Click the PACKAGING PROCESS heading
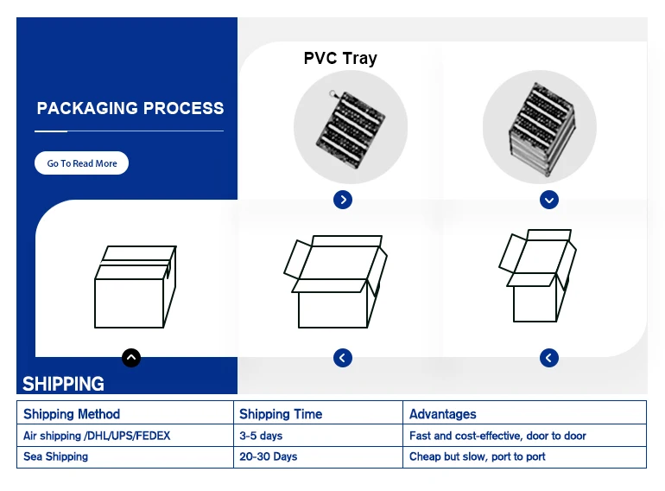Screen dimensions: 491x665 (x=130, y=109)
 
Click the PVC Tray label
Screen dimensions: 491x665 (x=340, y=59)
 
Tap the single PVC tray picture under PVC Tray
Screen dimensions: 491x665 (x=350, y=127)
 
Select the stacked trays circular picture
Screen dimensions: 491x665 (x=539, y=127)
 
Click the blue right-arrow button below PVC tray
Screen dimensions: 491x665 (x=343, y=200)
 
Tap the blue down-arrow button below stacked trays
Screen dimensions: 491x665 (x=549, y=200)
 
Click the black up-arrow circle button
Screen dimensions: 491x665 (x=130, y=357)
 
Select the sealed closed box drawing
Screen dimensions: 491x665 (x=135, y=287)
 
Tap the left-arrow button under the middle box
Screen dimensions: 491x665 (x=343, y=357)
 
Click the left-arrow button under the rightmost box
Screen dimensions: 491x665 (x=549, y=357)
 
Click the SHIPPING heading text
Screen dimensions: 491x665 (x=63, y=384)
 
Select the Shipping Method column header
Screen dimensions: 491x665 (x=72, y=414)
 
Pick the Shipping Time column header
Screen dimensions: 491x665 (x=281, y=414)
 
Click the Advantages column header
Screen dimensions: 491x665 (x=443, y=414)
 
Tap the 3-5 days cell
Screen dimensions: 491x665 (x=261, y=436)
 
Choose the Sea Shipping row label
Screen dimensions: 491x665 (x=55, y=456)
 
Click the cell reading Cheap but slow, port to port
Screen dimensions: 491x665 (x=478, y=456)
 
